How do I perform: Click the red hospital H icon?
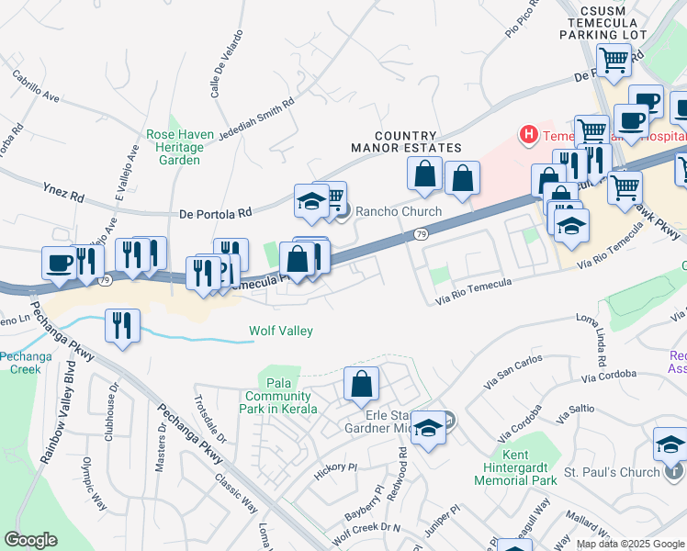pos(528,136)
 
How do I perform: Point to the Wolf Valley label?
pos(281,332)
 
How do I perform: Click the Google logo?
pos(30,540)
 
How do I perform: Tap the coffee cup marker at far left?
pos(60,263)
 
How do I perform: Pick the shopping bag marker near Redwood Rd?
pos(362,384)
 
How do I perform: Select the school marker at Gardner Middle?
pos(427,429)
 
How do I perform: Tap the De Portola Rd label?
pos(216,213)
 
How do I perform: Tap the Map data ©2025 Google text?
pos(630,544)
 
